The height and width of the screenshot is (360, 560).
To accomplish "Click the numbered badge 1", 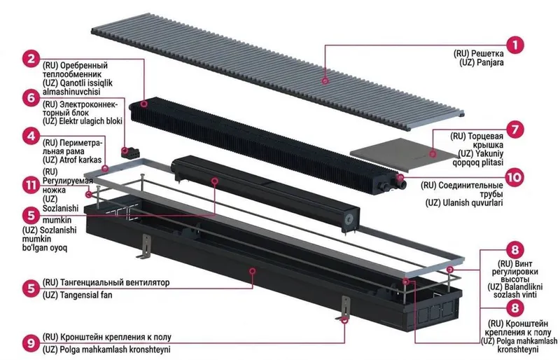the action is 514,45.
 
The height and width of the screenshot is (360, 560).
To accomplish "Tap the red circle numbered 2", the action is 31,58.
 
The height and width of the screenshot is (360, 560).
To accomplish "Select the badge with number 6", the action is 31,97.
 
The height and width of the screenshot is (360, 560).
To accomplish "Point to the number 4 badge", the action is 31,136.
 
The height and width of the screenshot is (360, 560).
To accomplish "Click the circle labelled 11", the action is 31,186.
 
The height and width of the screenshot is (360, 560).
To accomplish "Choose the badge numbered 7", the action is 514,129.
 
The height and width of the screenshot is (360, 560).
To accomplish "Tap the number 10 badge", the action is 514,177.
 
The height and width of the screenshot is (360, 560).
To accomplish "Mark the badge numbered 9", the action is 31,342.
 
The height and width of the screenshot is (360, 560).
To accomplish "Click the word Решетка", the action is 487,54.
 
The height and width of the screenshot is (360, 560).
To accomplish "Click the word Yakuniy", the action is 489,153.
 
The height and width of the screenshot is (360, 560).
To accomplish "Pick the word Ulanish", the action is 456,202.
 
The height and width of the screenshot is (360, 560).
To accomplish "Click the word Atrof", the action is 69,160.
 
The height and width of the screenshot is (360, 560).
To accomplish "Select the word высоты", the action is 514,279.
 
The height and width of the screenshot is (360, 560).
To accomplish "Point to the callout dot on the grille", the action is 325,81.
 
